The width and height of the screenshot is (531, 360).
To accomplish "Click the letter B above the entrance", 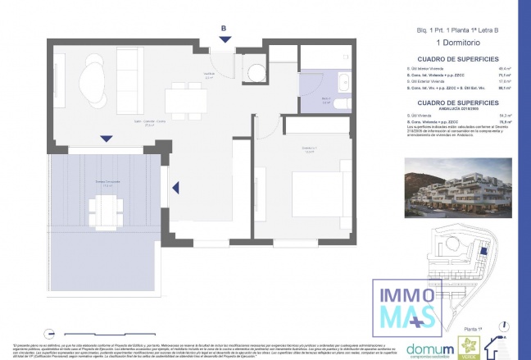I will tap(224, 27).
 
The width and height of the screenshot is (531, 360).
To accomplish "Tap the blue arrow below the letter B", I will tap(225, 39).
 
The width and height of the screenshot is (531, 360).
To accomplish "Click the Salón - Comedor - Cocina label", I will tap(150, 124).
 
